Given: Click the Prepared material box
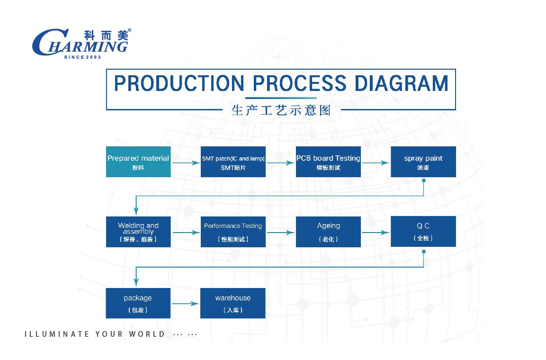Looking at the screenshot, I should point(138,162).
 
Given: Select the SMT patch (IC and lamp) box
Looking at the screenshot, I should point(233,162).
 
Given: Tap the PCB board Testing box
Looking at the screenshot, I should point(328,162).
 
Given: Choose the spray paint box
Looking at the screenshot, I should point(423,162).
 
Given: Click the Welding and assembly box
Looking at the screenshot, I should point(138,232).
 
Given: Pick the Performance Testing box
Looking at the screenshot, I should point(233,232).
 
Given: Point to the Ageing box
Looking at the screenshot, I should point(328,232).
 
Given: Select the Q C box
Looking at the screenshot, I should point(423,232).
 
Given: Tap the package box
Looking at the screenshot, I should point(138,303).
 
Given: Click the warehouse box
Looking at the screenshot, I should point(233,303).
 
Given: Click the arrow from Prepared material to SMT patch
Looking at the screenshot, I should point(186,162).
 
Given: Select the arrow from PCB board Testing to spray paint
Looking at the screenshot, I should point(376,162).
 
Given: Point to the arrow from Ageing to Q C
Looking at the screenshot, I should point(376,233).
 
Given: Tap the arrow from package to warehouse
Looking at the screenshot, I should point(186,304).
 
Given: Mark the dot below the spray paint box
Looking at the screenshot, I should point(424,180).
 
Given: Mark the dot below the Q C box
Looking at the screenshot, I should point(424,251).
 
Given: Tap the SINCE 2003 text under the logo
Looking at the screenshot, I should point(82,57).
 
